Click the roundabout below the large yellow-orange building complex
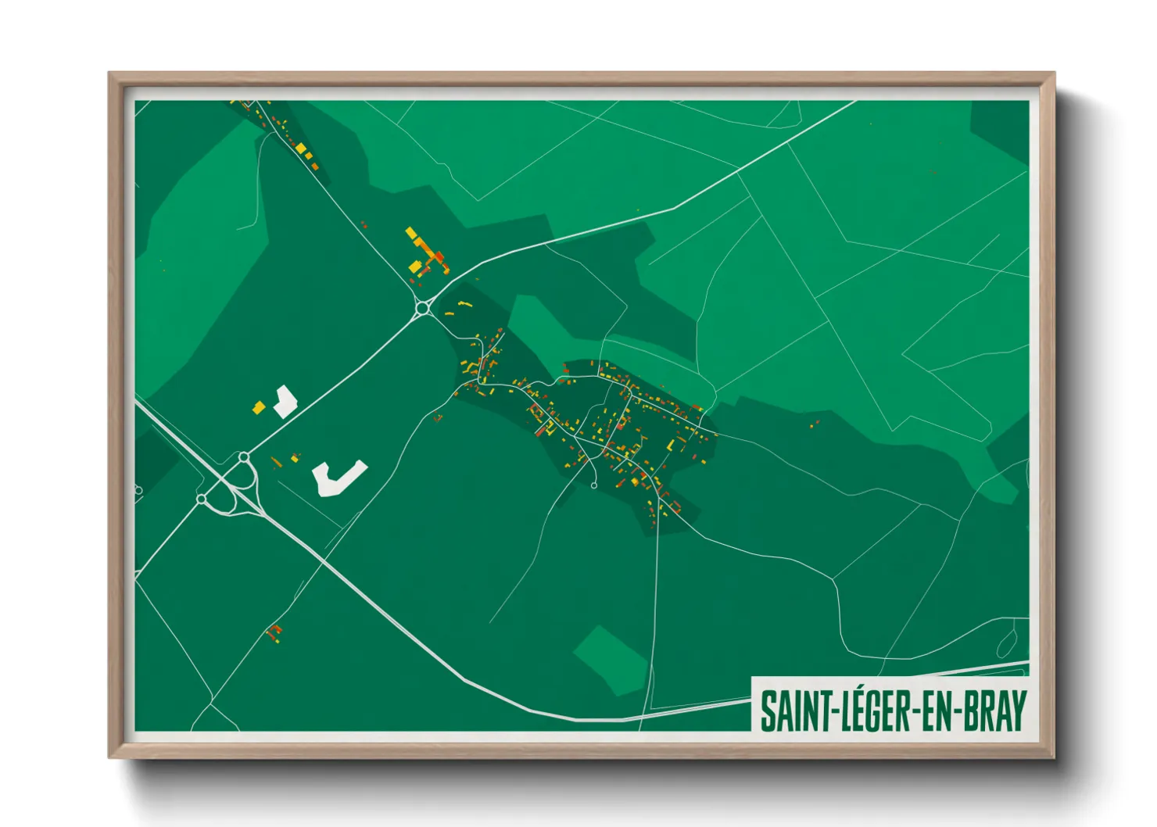[x=423, y=308]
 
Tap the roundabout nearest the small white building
[x=244, y=457]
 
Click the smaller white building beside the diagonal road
[x=285, y=402]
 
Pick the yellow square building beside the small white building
[x=258, y=407]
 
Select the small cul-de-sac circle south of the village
[x=594, y=486]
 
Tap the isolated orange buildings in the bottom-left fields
[x=274, y=632]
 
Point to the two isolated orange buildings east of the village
[x=815, y=424]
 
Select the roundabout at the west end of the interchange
[x=202, y=499]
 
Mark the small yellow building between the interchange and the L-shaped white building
[x=295, y=458]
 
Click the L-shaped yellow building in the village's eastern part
[x=670, y=445]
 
